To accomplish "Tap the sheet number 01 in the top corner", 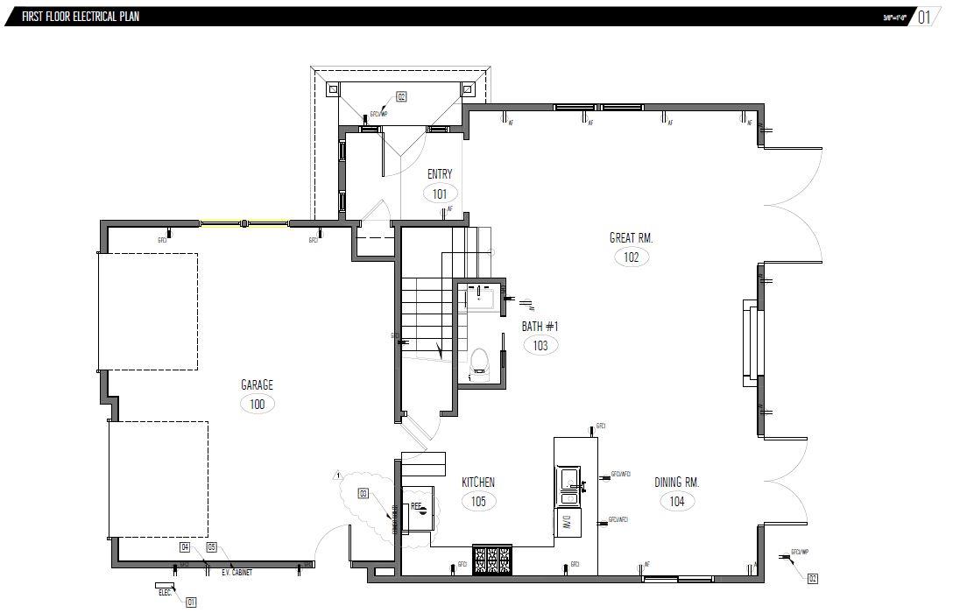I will (925, 18).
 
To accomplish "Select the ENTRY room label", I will (440, 174).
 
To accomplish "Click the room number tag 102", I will (632, 257).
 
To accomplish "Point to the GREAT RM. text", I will (632, 237).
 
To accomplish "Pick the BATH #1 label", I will (540, 327).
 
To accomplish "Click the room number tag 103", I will (540, 345).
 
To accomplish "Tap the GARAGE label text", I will (257, 385).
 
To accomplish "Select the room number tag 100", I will (257, 404).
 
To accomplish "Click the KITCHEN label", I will (478, 483).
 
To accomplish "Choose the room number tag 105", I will (478, 501).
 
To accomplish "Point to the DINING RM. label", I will (677, 483).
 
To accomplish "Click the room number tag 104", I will (677, 501).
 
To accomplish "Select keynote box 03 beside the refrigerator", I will (363, 494).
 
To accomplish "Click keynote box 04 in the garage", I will (185, 547).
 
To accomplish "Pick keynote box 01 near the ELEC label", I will (191, 602).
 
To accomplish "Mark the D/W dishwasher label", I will (567, 523).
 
